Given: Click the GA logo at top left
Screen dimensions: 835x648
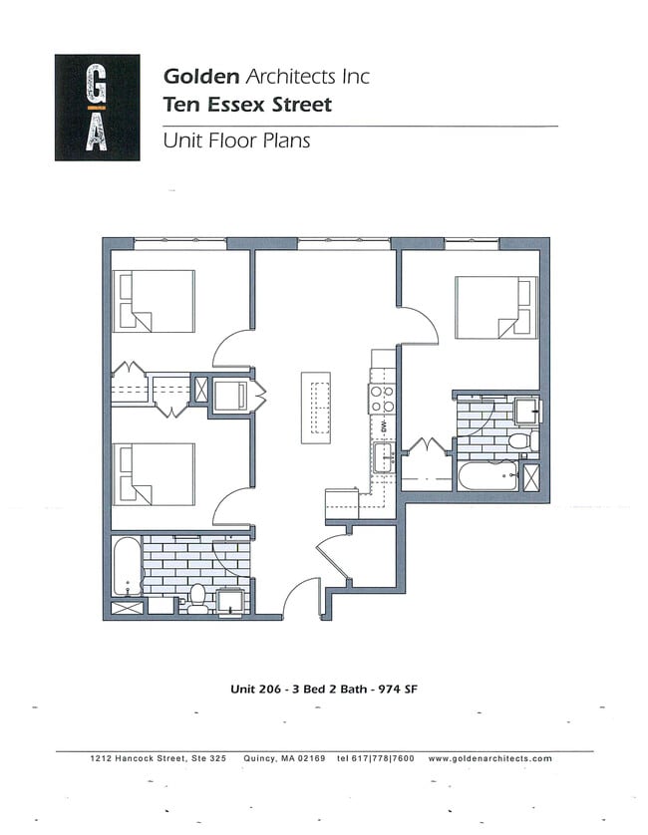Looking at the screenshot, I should click(x=98, y=107).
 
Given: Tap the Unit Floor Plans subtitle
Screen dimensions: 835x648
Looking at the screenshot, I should click(x=236, y=140).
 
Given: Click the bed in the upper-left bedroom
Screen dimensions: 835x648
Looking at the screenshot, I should click(x=154, y=301).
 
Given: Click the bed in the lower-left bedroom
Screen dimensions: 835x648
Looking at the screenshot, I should click(x=154, y=473).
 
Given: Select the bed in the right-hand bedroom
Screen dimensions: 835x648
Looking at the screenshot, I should click(x=495, y=307).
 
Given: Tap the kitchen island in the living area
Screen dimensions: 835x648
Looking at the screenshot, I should click(x=317, y=408).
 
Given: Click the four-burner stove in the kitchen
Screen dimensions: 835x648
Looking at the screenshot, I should click(x=381, y=399).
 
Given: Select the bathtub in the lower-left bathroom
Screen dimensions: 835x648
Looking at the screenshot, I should click(x=126, y=567).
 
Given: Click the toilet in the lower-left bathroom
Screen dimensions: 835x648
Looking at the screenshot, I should click(x=197, y=598).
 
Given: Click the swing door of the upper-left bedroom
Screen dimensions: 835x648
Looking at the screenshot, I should click(x=232, y=349).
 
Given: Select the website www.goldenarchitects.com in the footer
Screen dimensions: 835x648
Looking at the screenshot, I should click(x=489, y=758).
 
